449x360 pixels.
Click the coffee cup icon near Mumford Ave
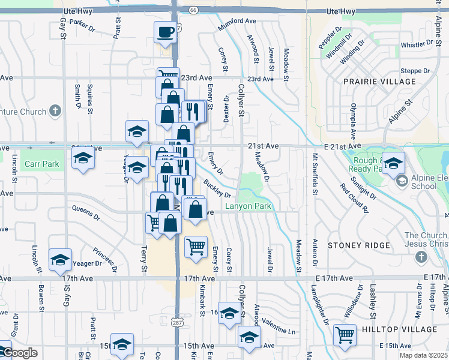165,32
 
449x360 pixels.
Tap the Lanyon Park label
249,206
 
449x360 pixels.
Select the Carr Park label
42,164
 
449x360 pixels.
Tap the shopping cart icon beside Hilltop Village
345,335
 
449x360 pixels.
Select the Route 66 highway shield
192,10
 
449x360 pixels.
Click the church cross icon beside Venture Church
55,111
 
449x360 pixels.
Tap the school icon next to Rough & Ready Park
393,163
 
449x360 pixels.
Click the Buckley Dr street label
217,188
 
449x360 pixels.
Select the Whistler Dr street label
417,45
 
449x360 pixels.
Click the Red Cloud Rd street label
354,198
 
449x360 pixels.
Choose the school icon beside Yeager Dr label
60,259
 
